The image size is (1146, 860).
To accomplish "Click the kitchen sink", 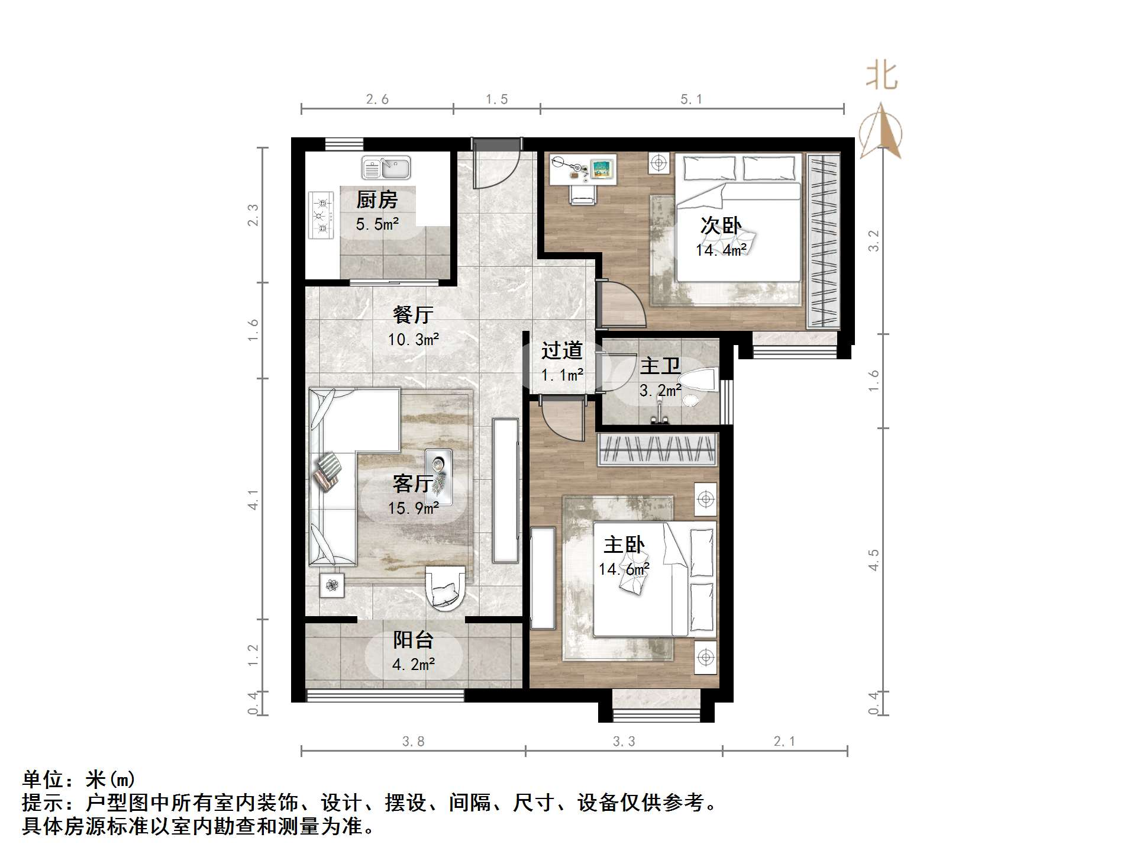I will coord(386,168).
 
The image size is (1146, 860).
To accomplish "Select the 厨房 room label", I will coord(377,199).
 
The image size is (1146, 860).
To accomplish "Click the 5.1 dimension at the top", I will coord(691,99).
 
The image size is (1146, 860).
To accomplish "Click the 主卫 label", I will coord(660,366).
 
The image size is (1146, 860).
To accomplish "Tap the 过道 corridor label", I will coord(561,350).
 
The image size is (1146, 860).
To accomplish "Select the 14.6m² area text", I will coord(624,569).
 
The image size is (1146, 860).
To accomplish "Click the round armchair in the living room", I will coord(445,587).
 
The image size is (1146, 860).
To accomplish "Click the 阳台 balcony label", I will coord(413,640).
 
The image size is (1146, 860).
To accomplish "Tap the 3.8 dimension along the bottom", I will coord(413,741).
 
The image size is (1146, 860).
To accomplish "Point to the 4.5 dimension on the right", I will coord(874,559).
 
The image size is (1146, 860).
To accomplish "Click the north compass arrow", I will coord(881,131).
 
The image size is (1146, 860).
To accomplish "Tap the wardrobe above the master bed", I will coord(657,449).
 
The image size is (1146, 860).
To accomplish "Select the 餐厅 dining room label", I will coord(413,314).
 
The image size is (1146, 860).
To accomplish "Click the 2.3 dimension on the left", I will coord(253,215).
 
